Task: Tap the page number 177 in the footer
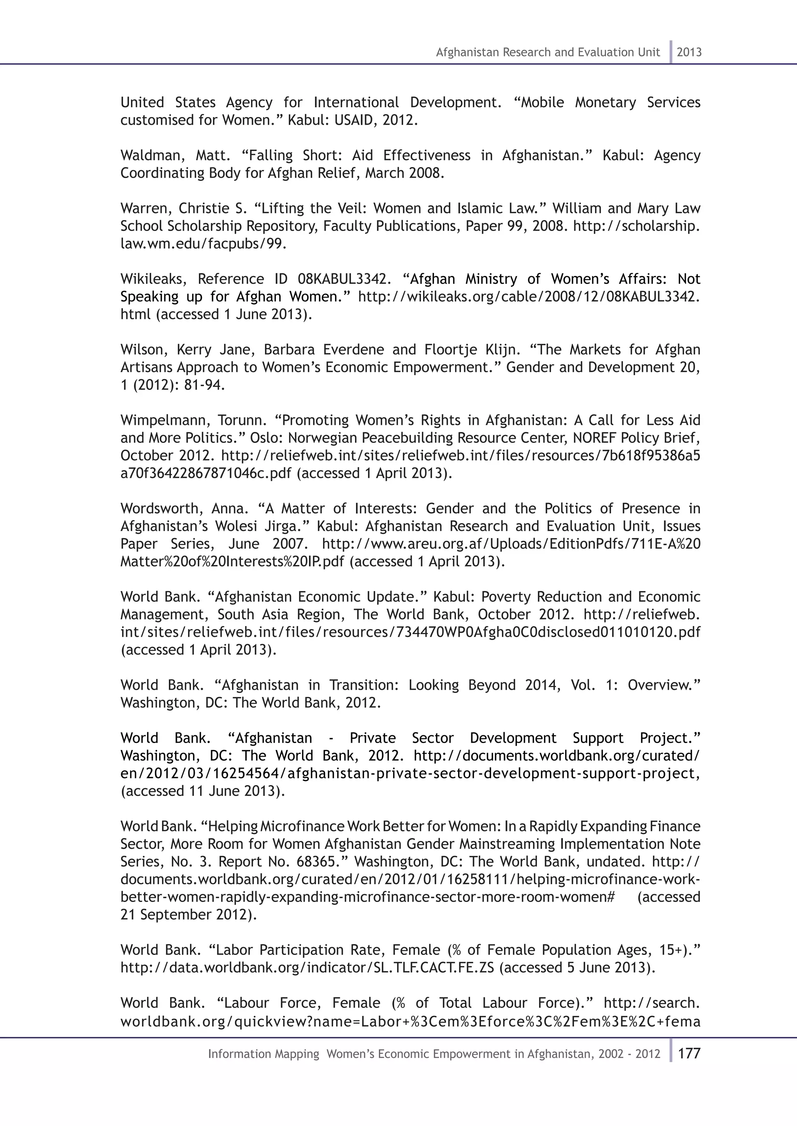[689, 1053]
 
